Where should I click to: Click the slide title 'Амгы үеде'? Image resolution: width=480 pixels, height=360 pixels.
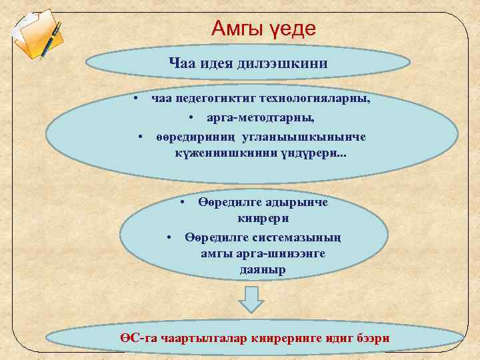(263, 29)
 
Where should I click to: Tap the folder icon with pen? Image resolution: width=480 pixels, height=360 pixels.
(38, 34)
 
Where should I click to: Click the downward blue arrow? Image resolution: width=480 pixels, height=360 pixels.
(251, 299)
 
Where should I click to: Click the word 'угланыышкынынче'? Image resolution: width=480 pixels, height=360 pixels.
(304, 136)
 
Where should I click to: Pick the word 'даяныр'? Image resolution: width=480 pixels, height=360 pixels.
(261, 270)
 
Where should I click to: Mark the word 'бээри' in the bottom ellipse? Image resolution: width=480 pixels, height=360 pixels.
(374, 339)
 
